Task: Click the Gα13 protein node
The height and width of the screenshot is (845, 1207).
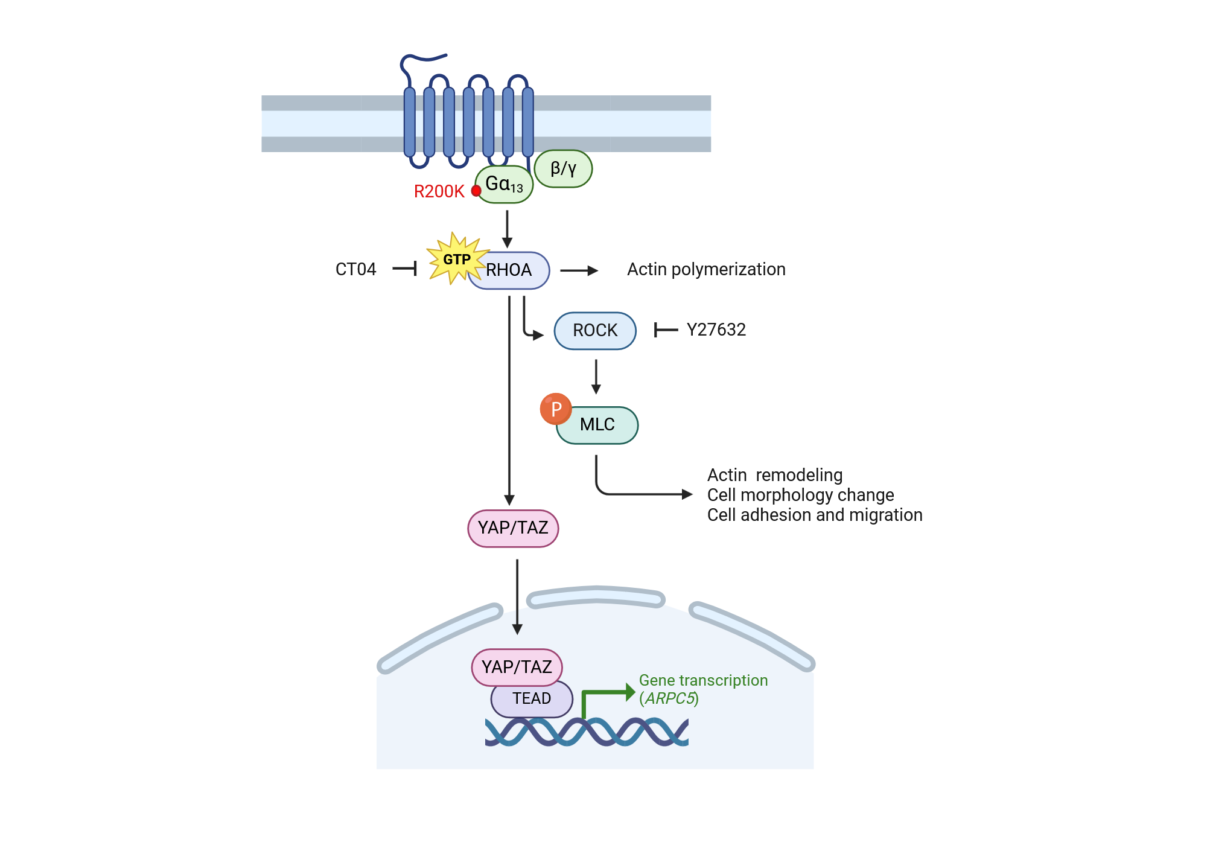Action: [x=504, y=184]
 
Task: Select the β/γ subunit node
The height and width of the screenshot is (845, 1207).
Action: [x=563, y=168]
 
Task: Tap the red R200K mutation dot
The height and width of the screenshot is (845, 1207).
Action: [x=476, y=191]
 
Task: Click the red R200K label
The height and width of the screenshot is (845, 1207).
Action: [x=439, y=191]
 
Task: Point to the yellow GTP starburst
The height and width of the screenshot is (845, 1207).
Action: [x=456, y=259]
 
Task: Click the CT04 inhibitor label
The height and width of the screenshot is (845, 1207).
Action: [x=355, y=269]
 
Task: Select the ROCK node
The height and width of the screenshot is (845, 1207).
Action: [x=595, y=331]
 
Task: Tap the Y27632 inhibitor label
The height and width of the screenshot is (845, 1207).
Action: [x=716, y=330]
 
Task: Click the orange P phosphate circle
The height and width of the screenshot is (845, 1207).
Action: [x=556, y=409]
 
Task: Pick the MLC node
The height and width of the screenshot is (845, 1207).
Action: [x=597, y=425]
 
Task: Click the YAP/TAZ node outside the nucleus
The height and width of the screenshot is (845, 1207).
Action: [x=513, y=528]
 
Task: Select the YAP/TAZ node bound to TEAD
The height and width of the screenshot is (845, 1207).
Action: [x=517, y=668]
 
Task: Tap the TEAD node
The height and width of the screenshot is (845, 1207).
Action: [x=532, y=699]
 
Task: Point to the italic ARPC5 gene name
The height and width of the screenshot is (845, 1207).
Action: [x=669, y=698]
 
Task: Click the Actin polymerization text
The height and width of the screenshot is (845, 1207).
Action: [x=706, y=269]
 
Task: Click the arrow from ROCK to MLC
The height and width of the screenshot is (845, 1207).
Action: [x=596, y=377]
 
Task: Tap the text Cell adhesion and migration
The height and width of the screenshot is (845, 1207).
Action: [x=815, y=515]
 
